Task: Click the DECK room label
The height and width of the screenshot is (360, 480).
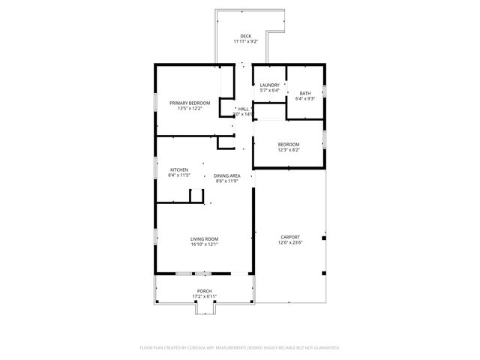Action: (246, 36)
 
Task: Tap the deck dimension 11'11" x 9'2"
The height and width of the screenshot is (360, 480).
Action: (246, 42)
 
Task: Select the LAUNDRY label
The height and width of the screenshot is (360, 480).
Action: (269, 85)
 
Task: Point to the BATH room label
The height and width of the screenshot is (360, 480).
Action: (305, 92)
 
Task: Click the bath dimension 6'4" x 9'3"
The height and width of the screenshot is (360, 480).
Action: (305, 98)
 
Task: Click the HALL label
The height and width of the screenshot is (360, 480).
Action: (243, 109)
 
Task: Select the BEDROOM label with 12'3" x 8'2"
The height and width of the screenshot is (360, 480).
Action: (289, 144)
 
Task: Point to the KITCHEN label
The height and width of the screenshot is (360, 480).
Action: (179, 169)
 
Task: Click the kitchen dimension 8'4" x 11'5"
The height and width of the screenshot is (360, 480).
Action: (180, 175)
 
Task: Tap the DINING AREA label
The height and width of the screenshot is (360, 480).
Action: (226, 175)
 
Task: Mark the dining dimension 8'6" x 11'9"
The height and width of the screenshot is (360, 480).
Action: (226, 181)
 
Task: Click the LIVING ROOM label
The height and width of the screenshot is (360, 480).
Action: (204, 238)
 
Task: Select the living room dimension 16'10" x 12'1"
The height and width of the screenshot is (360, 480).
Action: (204, 244)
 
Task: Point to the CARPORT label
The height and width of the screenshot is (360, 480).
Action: (289, 236)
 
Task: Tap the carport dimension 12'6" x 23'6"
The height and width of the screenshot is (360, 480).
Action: (289, 242)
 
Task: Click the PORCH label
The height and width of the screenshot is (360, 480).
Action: (204, 290)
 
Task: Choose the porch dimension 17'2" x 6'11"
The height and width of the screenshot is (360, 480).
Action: (204, 296)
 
